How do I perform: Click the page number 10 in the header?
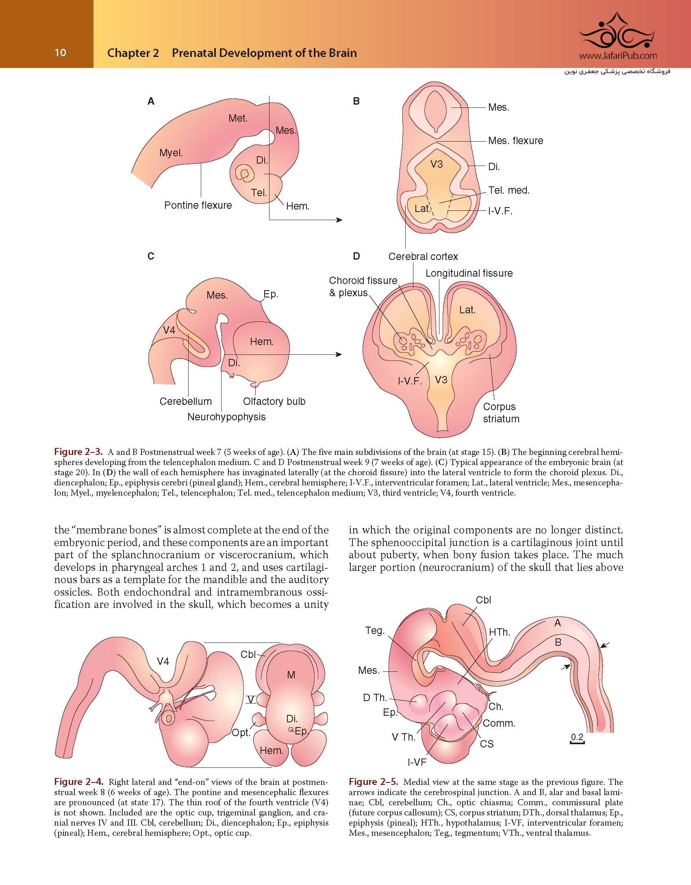pyautogui.click(x=60, y=52)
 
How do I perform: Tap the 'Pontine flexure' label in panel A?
pyautogui.click(x=198, y=205)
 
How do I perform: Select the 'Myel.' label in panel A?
pyautogui.click(x=171, y=153)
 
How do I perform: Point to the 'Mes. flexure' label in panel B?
pyautogui.click(x=515, y=141)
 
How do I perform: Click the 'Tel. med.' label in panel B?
pyautogui.click(x=509, y=190)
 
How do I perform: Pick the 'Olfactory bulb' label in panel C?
pyautogui.click(x=274, y=401)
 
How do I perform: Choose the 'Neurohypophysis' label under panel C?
pyautogui.click(x=226, y=417)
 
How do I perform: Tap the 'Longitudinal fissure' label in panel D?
pyautogui.click(x=469, y=273)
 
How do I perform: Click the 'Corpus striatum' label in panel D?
pyautogui.click(x=501, y=413)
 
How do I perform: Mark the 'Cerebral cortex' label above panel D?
pyautogui.click(x=423, y=256)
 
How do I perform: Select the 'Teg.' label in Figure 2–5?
pyautogui.click(x=374, y=631)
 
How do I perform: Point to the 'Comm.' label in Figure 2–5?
pyautogui.click(x=499, y=723)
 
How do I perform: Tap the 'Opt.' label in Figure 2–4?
pyautogui.click(x=241, y=733)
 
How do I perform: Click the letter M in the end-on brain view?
pyautogui.click(x=291, y=675)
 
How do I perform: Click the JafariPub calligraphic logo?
pyautogui.click(x=617, y=32)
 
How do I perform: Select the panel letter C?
pyautogui.click(x=151, y=256)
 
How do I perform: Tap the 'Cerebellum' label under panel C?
pyautogui.click(x=185, y=401)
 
